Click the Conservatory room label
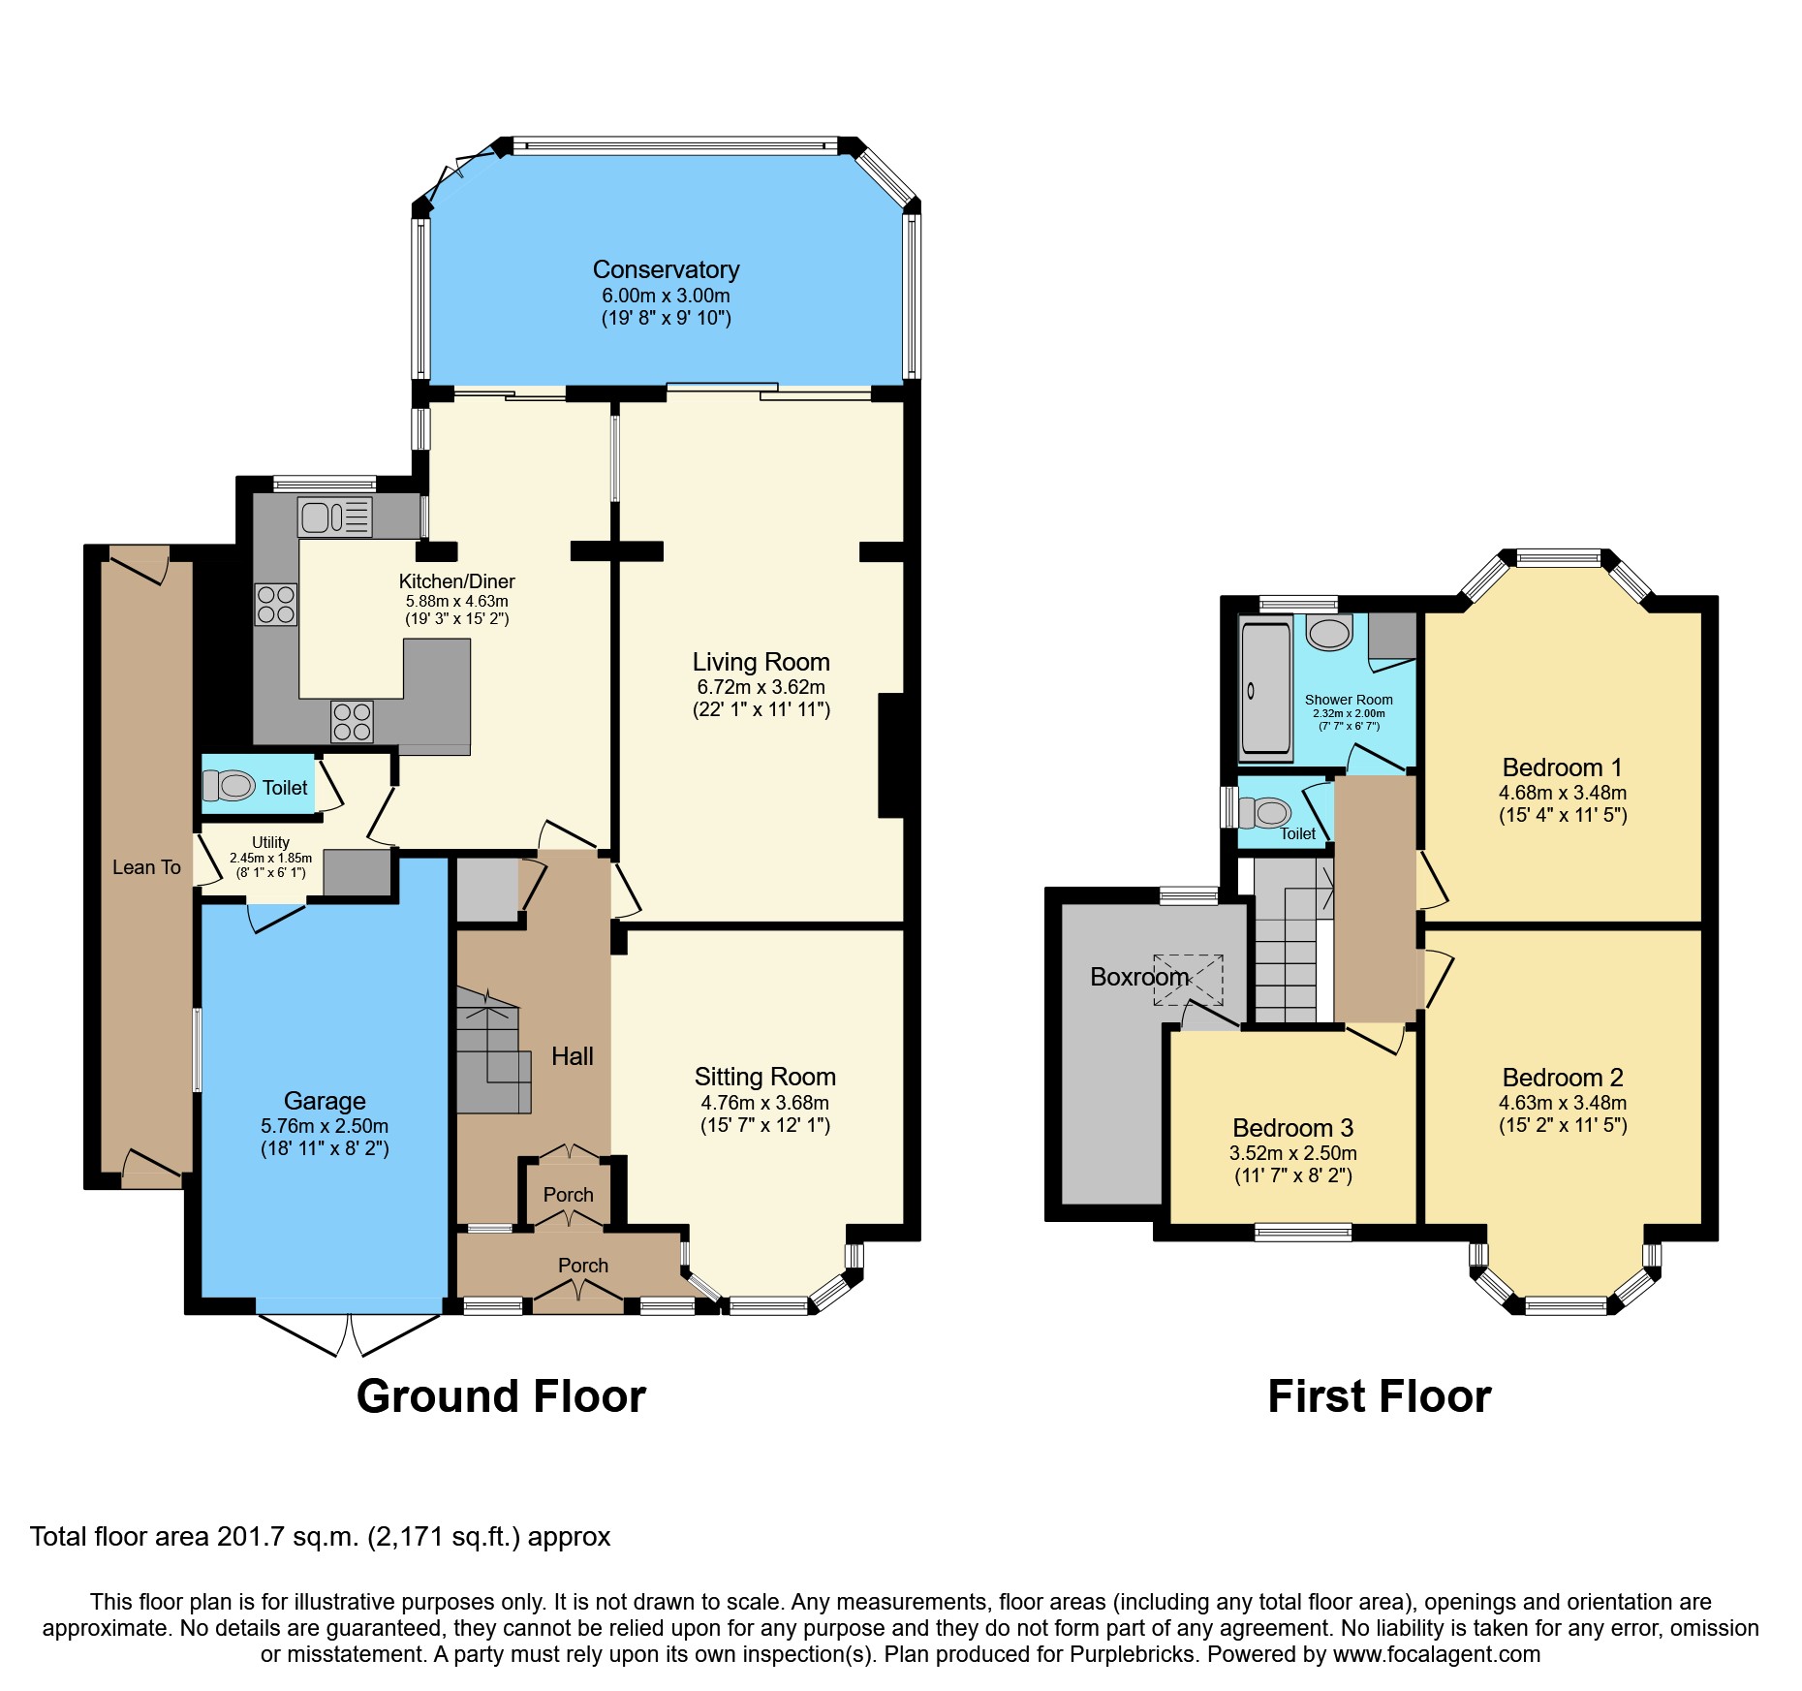tap(666, 269)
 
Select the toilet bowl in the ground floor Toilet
tap(231, 785)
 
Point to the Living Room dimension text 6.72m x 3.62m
tap(761, 687)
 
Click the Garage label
tap(325, 1101)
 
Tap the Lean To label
tap(146, 867)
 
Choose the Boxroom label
tap(1138, 977)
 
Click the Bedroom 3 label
tap(1292, 1128)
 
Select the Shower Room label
tap(1349, 700)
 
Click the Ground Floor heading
tap(501, 1396)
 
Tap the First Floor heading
tap(1379, 1396)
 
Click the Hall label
tap(572, 1056)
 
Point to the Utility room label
tap(270, 842)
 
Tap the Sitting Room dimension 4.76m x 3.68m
tap(764, 1103)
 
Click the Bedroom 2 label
tap(1562, 1078)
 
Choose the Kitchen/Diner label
tap(456, 581)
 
